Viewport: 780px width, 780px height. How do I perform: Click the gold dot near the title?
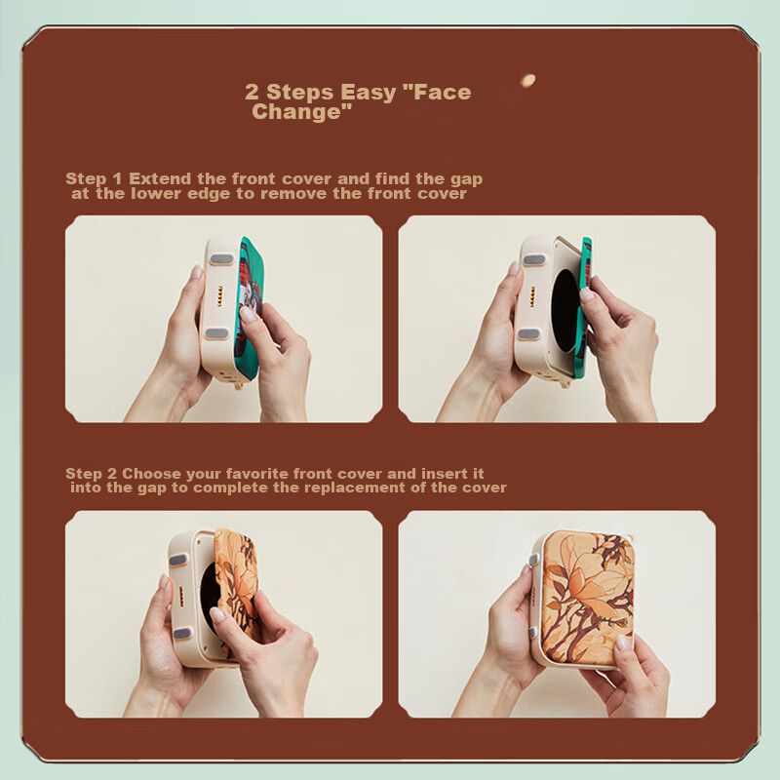[527, 80]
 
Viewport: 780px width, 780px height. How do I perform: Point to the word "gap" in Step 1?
[467, 180]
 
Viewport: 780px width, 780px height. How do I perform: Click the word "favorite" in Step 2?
[257, 474]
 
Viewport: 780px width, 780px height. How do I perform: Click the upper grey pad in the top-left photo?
[221, 259]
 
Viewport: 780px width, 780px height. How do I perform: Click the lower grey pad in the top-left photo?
[216, 333]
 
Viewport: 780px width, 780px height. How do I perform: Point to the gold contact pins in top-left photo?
[219, 296]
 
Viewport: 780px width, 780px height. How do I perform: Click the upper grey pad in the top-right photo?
[534, 260]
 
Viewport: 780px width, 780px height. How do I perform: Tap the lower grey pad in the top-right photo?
[528, 334]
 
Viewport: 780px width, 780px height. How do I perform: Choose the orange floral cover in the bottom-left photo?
[236, 592]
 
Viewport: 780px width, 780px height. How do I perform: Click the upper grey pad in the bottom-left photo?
[178, 561]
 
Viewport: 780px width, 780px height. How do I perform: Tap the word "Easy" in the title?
[369, 93]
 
